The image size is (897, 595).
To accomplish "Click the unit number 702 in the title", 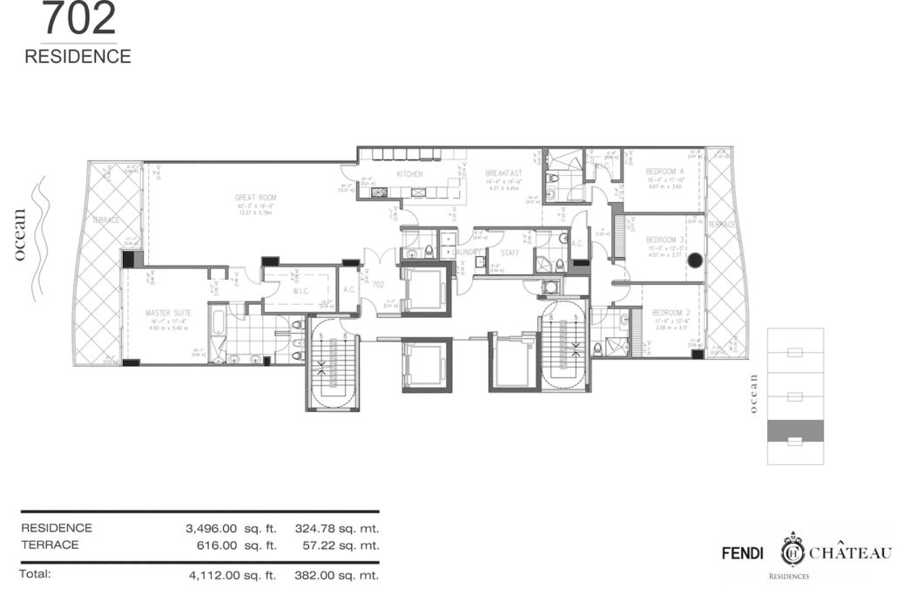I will [x=78, y=19].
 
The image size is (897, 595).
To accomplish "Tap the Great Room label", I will [x=256, y=198].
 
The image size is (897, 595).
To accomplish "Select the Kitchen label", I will [x=409, y=175].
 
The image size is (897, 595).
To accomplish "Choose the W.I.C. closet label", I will [x=300, y=292].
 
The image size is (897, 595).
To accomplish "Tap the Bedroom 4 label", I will [x=664, y=172].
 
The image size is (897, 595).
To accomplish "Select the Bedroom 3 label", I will [x=664, y=240].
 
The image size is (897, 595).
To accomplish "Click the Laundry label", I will [x=467, y=252].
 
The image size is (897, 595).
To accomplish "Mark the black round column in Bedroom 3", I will [x=695, y=260].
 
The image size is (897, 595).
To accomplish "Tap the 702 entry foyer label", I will [x=378, y=284].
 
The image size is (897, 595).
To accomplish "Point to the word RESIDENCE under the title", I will [x=78, y=57].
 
